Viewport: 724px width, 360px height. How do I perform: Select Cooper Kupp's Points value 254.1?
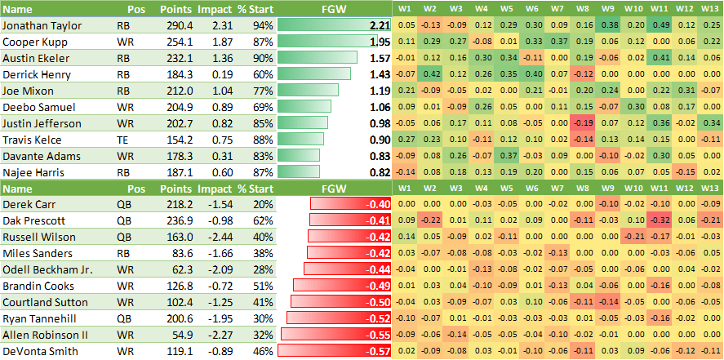point(178,42)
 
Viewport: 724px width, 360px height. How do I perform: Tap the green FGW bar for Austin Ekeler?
point(318,58)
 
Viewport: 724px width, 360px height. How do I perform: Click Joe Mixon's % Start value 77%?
point(262,91)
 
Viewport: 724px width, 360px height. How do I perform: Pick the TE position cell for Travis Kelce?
point(134,140)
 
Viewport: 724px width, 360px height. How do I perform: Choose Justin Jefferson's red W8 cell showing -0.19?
point(582,123)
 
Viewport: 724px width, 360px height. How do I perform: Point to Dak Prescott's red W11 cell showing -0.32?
point(661,220)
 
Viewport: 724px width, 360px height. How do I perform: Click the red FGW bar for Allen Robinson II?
point(335,335)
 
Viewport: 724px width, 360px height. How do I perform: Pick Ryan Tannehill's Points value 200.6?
point(178,318)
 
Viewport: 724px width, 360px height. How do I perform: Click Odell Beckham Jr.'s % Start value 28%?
point(262,269)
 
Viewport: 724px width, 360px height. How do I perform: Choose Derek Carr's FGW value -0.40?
point(378,204)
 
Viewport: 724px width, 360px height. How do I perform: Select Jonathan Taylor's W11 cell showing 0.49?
point(661,26)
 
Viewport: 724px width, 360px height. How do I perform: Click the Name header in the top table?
point(17,8)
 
